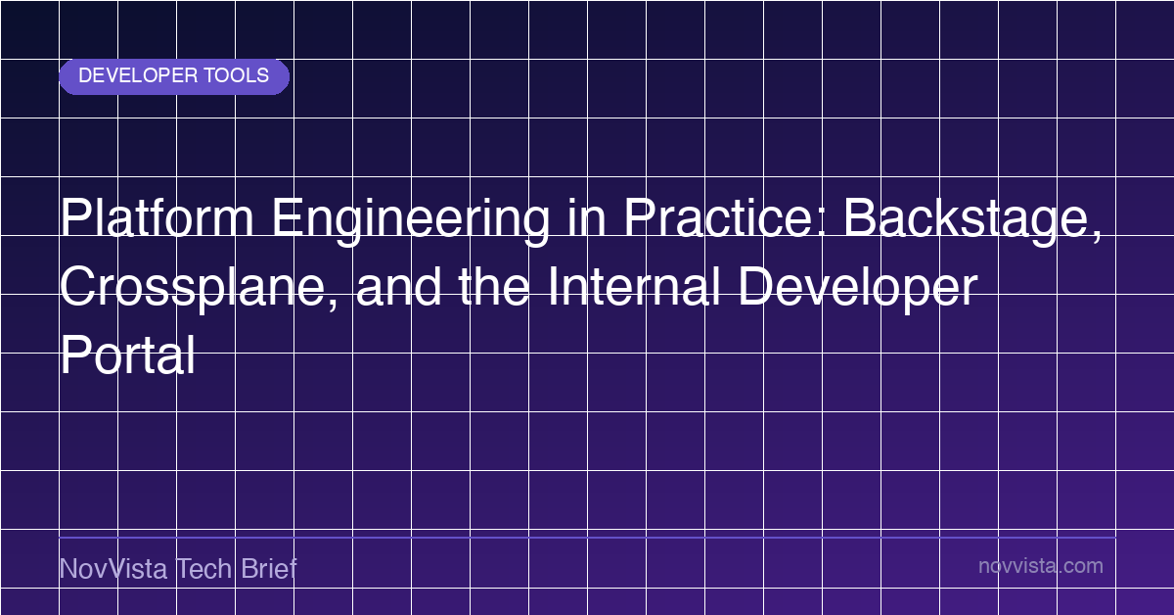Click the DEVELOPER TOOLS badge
(x=174, y=76)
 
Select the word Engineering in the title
(x=410, y=220)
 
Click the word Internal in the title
(x=634, y=286)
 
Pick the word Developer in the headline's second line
(x=858, y=289)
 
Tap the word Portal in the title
(x=128, y=355)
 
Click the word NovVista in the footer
(x=113, y=568)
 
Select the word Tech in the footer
(x=203, y=568)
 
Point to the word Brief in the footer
(x=269, y=568)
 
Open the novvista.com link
(x=1041, y=566)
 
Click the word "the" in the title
(x=494, y=286)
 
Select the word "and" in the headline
(x=398, y=286)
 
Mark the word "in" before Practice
(x=587, y=217)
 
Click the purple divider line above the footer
(x=588, y=538)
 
